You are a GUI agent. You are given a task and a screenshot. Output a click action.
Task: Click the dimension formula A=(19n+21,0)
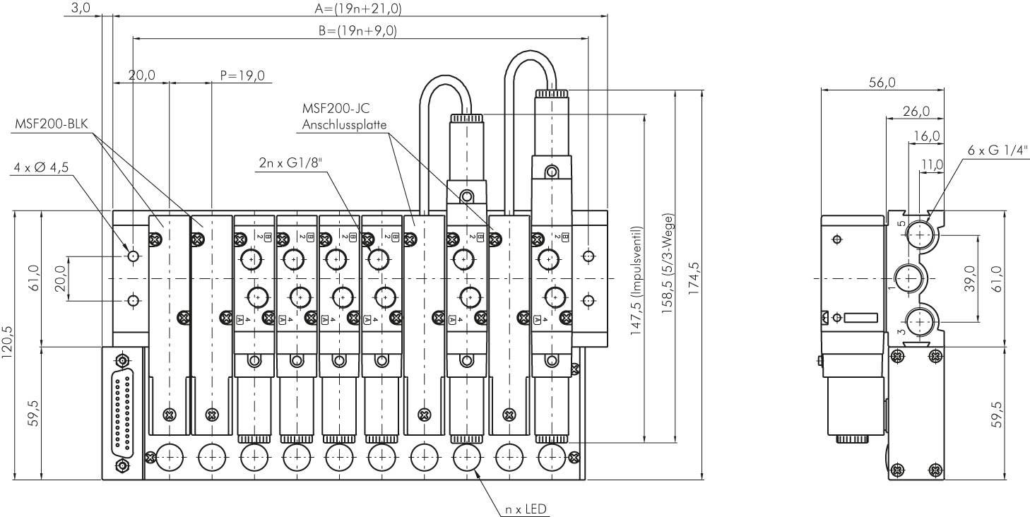[357, 8]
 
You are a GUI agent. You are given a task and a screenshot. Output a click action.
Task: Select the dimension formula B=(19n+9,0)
[357, 31]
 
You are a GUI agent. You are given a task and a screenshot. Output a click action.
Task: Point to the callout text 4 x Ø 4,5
[42, 168]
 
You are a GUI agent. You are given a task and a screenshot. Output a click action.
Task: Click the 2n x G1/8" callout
[290, 164]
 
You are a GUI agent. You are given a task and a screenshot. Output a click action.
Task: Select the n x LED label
[526, 509]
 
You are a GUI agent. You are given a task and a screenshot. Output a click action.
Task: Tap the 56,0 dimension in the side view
[882, 83]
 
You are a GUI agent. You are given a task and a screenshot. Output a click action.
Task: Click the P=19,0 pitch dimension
[242, 76]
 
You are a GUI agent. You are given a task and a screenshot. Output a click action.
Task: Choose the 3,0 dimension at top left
[82, 8]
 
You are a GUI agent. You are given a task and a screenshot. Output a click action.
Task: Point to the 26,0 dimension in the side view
[916, 111]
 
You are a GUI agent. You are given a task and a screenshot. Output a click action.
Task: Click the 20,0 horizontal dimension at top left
[142, 76]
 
